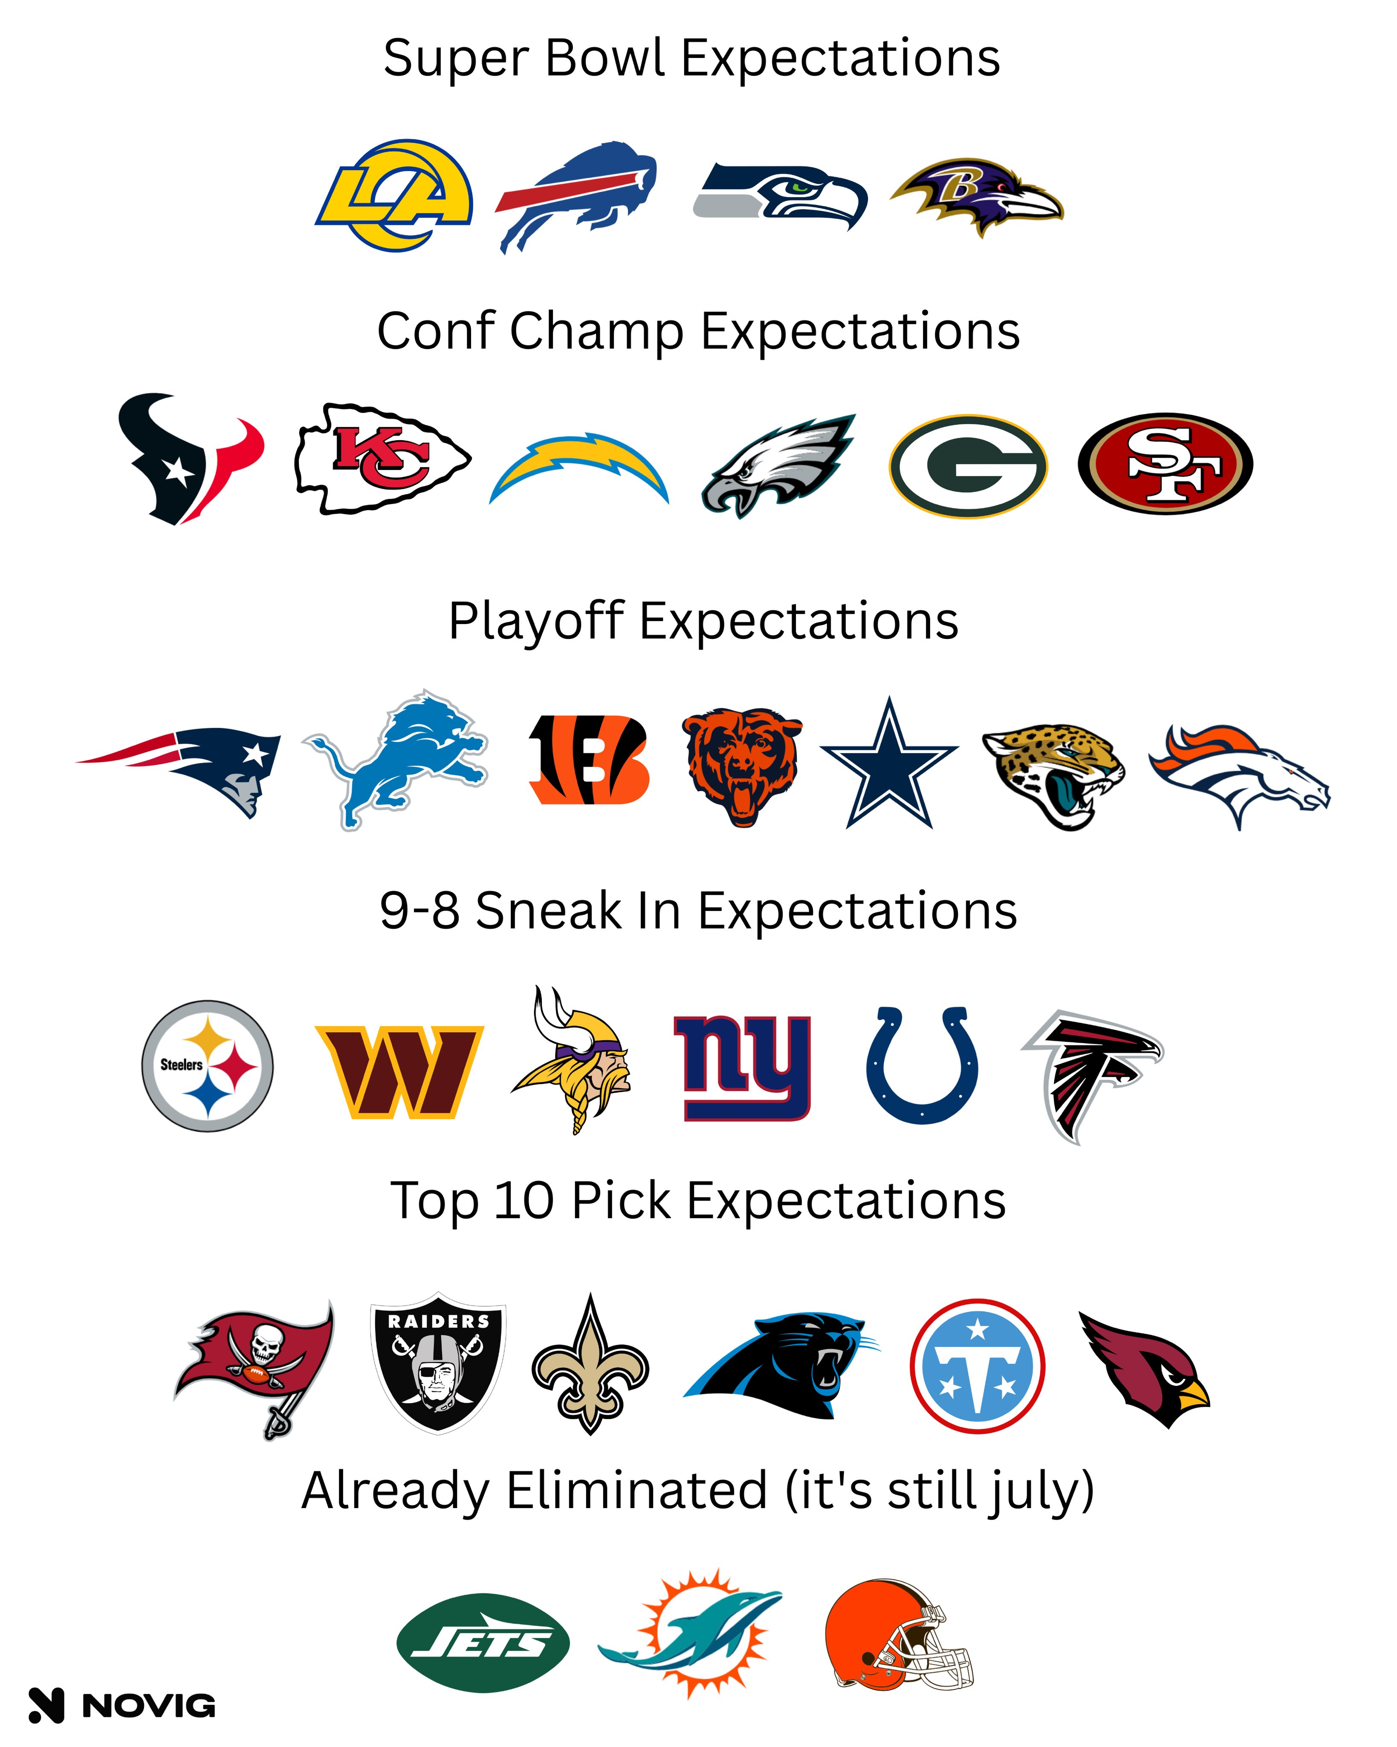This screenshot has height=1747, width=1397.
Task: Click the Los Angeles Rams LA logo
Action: (394, 195)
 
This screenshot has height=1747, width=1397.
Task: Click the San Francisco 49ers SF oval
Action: (1166, 464)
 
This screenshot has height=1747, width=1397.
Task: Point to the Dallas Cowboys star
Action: (889, 763)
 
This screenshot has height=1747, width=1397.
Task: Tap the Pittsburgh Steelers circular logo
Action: (207, 1065)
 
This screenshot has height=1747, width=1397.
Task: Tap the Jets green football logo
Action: (483, 1643)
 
